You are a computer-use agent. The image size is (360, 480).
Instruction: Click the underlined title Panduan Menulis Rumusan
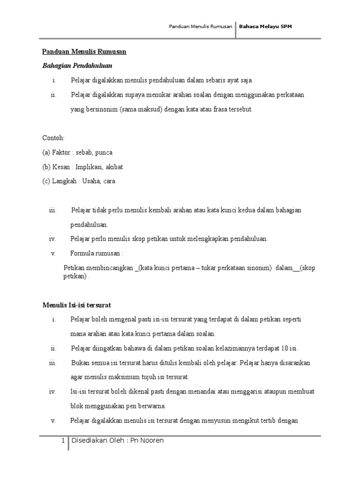[84, 52]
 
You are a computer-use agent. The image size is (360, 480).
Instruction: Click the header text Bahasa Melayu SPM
[265, 27]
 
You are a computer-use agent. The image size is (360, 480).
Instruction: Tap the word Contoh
[53, 138]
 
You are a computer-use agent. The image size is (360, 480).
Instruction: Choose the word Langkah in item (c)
[65, 181]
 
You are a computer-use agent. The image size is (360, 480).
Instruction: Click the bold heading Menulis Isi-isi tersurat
[76, 305]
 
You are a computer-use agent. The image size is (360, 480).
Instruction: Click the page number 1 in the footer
[63, 441]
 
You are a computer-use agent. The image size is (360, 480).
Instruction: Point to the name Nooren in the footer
[152, 441]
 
